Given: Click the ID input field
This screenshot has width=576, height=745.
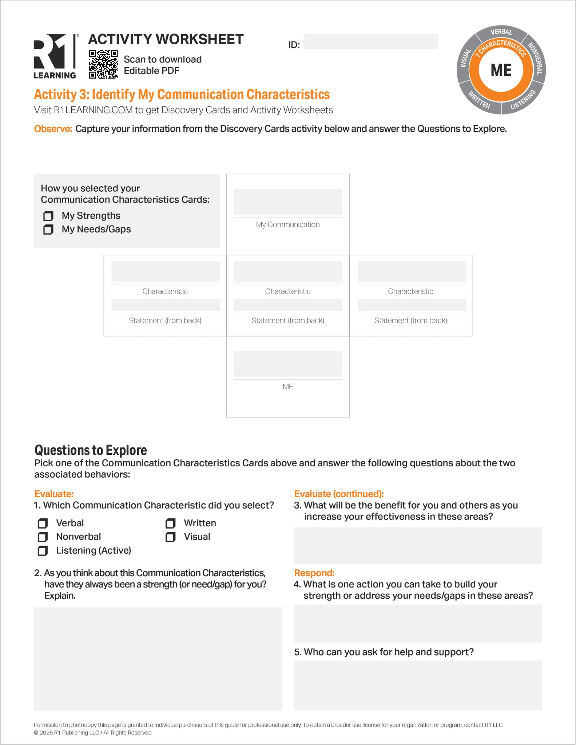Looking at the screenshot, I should pos(370,41).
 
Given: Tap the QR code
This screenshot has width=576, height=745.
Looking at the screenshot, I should pos(103,64).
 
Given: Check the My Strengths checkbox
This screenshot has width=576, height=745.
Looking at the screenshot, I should pos(48,216).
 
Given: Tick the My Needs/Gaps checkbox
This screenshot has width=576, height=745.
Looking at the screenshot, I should pos(48,230).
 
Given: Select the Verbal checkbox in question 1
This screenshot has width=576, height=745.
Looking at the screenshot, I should pos(43,523).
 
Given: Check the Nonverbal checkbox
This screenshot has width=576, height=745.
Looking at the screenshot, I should pos(43,537).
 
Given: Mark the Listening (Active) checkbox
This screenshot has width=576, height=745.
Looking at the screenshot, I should pos(43,551).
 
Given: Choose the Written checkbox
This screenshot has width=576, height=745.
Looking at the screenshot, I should pos(171,523).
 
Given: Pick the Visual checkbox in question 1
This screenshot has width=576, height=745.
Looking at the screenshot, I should pos(171,537).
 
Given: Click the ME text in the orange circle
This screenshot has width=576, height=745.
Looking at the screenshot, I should pos(501,70).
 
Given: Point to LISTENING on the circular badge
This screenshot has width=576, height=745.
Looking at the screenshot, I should pos(523,99).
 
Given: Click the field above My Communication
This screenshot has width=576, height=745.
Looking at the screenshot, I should pos(288,202).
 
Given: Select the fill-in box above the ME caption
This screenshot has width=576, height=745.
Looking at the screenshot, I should pos(288,364).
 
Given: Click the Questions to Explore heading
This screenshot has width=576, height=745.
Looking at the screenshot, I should pos(91,450).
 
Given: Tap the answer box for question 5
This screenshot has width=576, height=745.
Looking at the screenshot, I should pos(418,685).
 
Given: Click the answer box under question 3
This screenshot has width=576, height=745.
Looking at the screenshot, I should pos(418,546).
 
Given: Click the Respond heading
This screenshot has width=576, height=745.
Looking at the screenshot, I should pos(314,573).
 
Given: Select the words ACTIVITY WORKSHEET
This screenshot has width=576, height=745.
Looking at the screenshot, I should pos(166,39).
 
